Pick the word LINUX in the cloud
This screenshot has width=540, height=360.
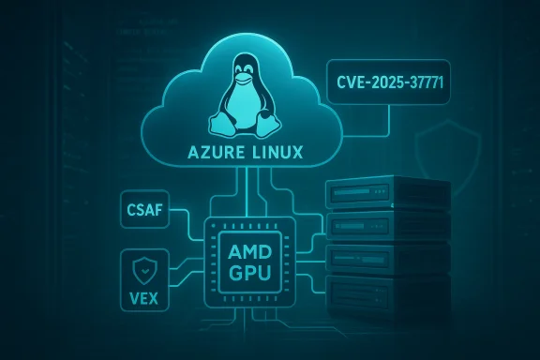click(x=277, y=154)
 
